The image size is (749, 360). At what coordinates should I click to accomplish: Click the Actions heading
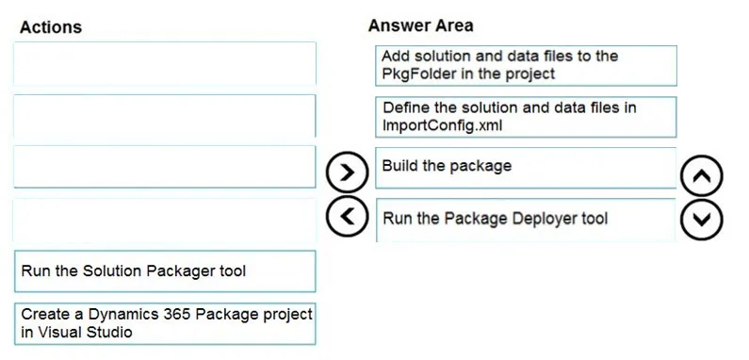[51, 26]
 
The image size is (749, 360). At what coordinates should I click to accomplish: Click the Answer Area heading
[421, 25]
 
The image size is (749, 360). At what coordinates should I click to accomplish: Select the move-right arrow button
[348, 172]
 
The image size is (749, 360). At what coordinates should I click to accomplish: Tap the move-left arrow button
[348, 216]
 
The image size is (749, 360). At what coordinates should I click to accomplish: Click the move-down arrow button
[701, 220]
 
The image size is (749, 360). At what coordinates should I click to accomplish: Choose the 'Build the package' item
[526, 168]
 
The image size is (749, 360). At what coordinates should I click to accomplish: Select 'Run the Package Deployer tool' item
[526, 220]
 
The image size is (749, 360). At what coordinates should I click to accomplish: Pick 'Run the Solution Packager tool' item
[165, 271]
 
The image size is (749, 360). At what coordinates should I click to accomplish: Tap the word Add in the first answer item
[396, 56]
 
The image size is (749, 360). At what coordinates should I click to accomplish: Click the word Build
[400, 166]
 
